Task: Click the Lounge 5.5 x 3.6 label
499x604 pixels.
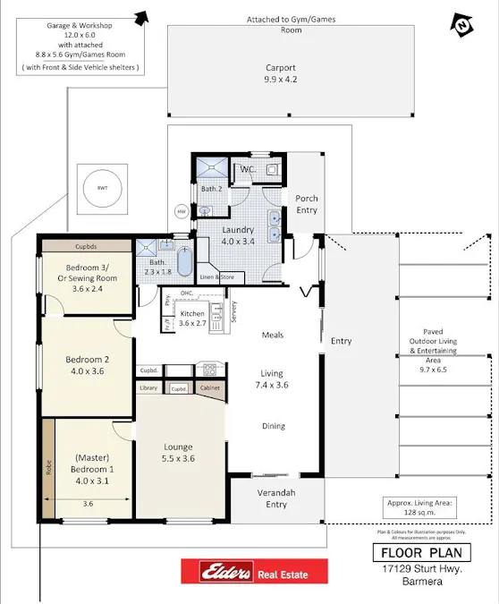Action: [x=179, y=453]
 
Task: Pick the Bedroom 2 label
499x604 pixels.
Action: [x=87, y=366]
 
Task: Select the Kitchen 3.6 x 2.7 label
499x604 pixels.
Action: [x=193, y=319]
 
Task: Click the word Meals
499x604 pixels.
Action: [x=272, y=335]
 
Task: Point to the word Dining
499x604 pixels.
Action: [x=274, y=426]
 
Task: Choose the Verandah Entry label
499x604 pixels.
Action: [x=276, y=498]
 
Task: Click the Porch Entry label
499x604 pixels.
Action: [x=307, y=204]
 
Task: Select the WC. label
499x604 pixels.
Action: [x=247, y=169]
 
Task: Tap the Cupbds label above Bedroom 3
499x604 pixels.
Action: [x=87, y=244]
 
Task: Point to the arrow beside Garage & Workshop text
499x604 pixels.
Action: [x=140, y=16]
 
